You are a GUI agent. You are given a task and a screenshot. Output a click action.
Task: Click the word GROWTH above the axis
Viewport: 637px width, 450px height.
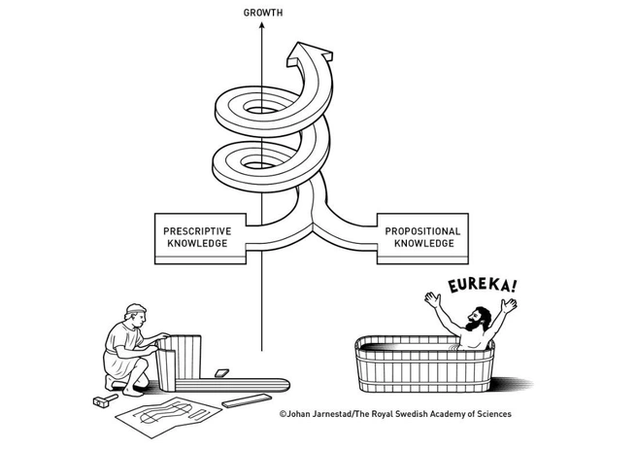pos(262,14)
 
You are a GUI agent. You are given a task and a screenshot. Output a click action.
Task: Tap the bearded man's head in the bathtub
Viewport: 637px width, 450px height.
pos(473,318)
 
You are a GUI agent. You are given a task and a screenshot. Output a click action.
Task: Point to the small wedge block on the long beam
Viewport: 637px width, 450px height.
pos(221,372)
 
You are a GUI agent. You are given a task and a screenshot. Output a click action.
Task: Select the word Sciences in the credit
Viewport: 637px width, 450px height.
pos(490,414)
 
